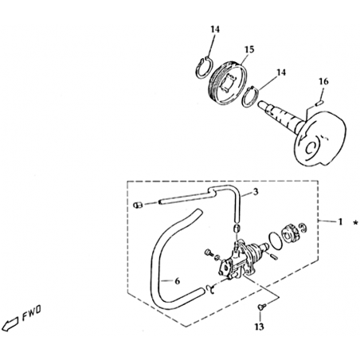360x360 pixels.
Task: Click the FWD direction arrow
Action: pos(10,324)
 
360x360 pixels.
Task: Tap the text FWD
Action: pos(31,314)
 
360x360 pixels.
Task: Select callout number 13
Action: pos(260,327)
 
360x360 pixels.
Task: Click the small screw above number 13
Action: pos(260,307)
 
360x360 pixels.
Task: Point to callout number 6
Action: pos(178,281)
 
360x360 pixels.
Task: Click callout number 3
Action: pos(256,192)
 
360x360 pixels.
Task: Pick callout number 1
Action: pos(340,221)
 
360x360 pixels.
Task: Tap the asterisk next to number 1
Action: pos(355,223)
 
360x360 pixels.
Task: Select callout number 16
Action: pos(323,81)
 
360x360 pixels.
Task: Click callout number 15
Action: pos(249,49)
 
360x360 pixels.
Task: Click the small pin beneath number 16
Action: pos(319,102)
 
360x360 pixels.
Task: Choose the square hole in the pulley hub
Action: pos(229,84)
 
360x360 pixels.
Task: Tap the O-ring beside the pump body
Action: pos(276,241)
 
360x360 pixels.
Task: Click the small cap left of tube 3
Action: pos(138,205)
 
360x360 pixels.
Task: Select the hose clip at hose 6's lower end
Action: pos(210,289)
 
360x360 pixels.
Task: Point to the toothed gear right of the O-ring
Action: pos(290,231)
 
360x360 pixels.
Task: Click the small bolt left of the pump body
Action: pos(209,252)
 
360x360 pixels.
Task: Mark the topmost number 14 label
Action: pos(216,29)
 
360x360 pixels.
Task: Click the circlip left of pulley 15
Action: pos(204,68)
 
